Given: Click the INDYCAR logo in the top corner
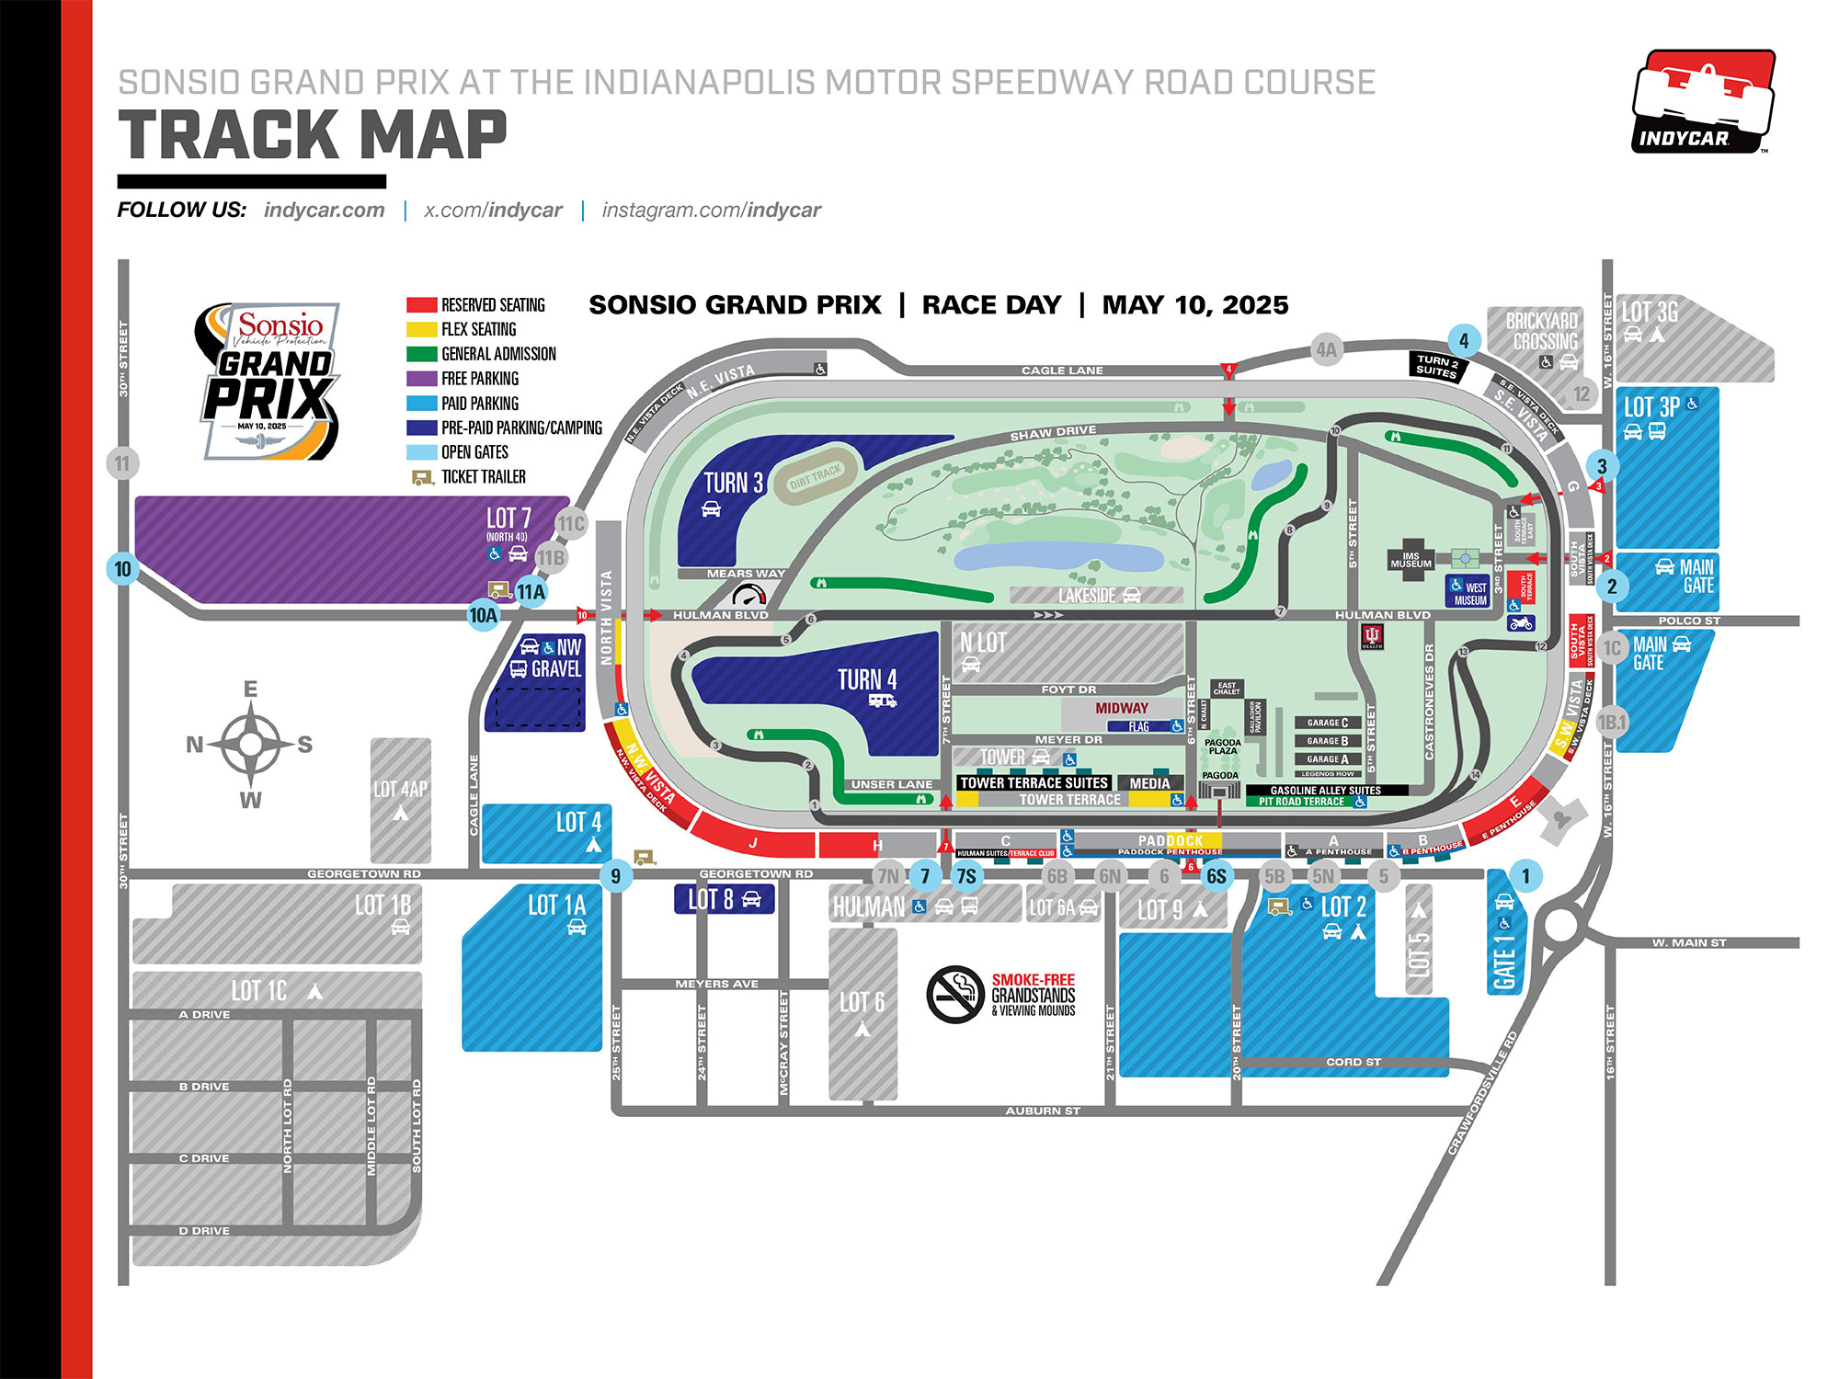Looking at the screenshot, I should click(x=1703, y=102).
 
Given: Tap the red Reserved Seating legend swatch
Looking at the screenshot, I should click(x=421, y=305).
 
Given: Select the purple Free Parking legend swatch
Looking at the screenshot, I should click(x=421, y=379).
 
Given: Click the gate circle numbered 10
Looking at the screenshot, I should click(x=123, y=569).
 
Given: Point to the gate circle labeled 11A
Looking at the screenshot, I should click(x=531, y=592).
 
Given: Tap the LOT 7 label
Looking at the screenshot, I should click(x=508, y=519).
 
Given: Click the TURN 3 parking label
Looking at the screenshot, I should click(x=733, y=484).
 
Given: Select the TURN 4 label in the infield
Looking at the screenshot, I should click(x=866, y=680).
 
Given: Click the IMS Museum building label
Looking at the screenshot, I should click(x=1411, y=560).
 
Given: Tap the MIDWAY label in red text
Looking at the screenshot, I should click(x=1121, y=709).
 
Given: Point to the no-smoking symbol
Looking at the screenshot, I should click(x=955, y=995).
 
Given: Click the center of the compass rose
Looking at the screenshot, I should click(x=250, y=744).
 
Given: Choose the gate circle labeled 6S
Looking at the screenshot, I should click(x=1216, y=876).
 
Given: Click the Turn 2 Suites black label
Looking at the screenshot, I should click(x=1438, y=366).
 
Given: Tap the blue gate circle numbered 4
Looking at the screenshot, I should click(x=1464, y=340).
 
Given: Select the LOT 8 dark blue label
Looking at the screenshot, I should click(x=724, y=899).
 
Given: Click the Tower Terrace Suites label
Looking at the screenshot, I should click(x=1034, y=783).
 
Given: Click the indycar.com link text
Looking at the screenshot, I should click(x=325, y=211).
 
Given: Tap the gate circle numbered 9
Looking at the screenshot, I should click(x=615, y=876).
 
